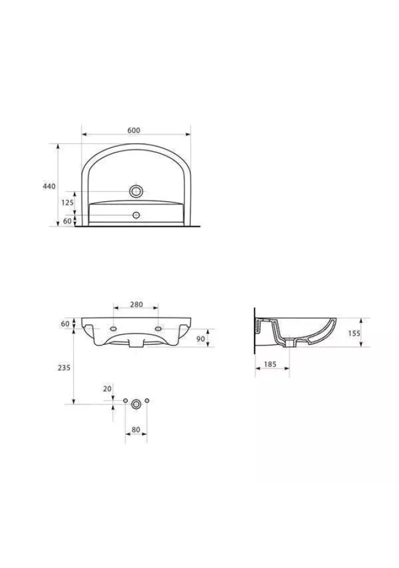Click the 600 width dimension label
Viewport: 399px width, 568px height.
(134, 130)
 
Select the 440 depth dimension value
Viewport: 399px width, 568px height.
(49, 186)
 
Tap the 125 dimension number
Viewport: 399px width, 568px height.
(67, 202)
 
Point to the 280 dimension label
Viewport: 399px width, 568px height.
(137, 305)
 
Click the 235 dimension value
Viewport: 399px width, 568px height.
(64, 367)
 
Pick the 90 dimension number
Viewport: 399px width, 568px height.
(200, 338)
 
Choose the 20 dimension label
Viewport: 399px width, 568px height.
(107, 389)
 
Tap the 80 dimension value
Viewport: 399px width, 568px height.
(136, 430)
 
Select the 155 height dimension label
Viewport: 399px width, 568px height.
(355, 333)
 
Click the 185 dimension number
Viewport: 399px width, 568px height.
(270, 364)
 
